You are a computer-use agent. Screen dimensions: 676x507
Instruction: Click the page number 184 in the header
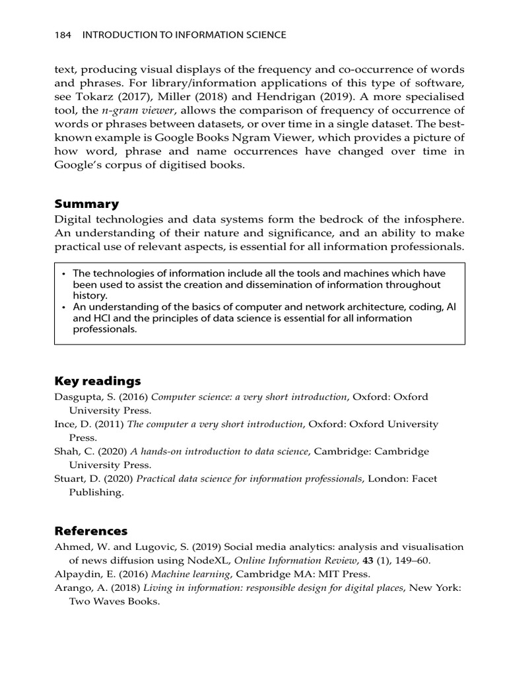tap(63, 35)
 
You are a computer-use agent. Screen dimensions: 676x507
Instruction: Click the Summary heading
tap(86, 203)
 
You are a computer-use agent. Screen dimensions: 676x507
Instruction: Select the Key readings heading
tap(98, 381)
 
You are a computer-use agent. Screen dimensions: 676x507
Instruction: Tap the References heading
tap(91, 531)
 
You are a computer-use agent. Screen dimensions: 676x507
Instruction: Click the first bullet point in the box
tap(63, 273)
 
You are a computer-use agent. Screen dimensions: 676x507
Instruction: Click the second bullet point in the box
tap(63, 308)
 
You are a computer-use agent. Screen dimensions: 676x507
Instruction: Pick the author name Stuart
tap(69, 478)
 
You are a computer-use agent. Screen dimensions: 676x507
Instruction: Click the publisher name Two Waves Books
tap(114, 601)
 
